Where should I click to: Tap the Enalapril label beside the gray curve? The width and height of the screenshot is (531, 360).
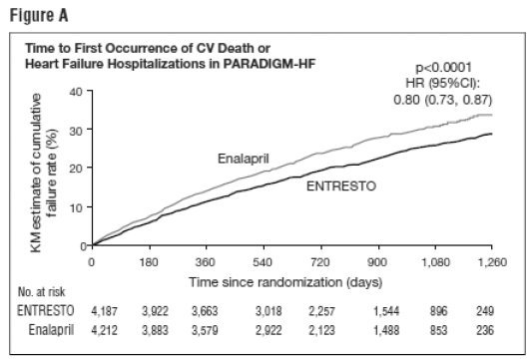coord(243,159)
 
